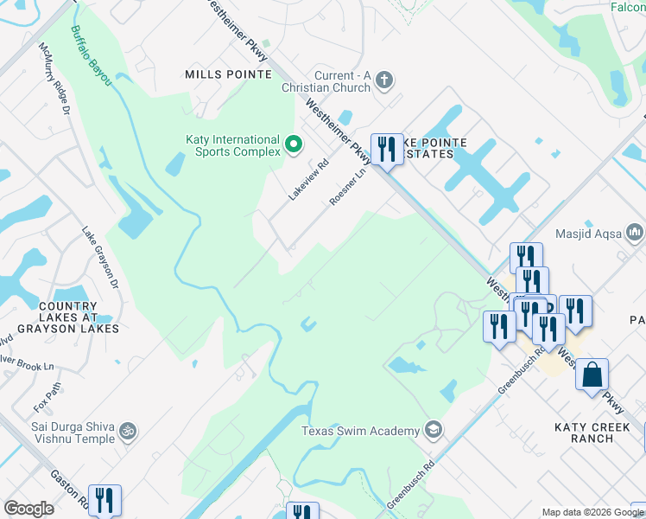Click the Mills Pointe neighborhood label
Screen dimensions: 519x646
[x=228, y=74]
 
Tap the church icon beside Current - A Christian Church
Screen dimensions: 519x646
[x=385, y=81]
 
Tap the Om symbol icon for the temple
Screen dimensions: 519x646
[x=127, y=430]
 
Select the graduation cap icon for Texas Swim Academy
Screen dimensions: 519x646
[x=434, y=430]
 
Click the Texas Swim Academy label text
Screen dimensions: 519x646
[x=361, y=431]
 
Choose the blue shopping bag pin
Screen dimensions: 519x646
[x=592, y=376]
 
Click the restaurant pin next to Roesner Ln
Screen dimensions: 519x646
[x=386, y=150]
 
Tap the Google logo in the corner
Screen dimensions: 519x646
[x=28, y=509]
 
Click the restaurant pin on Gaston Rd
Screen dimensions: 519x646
[x=104, y=500]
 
